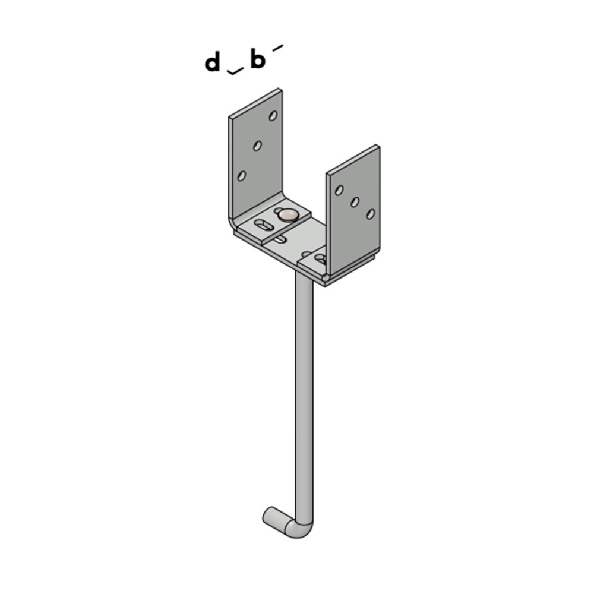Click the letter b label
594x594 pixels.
(x=257, y=60)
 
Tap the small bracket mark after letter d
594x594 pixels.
(x=235, y=72)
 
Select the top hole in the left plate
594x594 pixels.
(x=273, y=116)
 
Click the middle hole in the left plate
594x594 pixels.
(x=257, y=146)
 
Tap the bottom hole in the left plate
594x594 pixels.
(x=242, y=175)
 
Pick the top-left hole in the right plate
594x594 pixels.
(x=339, y=190)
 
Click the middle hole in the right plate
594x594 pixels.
(x=355, y=202)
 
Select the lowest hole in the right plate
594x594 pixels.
(x=370, y=214)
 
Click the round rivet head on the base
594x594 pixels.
(x=289, y=214)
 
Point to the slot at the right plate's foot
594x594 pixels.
(x=320, y=258)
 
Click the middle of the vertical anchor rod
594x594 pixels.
(x=304, y=398)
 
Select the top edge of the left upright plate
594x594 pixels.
(x=255, y=102)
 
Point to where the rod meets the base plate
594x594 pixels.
(x=304, y=285)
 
